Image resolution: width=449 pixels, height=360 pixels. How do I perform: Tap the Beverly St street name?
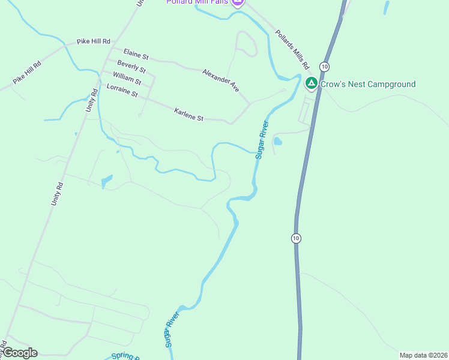point(131,66)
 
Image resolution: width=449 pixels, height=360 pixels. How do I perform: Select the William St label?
point(127,78)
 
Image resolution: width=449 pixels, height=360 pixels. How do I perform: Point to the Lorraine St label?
point(122,91)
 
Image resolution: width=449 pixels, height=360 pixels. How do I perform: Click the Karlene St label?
point(189,115)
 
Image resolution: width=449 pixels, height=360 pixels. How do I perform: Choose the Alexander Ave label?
point(221,80)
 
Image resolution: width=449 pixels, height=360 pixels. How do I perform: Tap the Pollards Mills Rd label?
point(292,48)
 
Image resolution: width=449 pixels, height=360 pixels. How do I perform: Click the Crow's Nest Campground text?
point(368,84)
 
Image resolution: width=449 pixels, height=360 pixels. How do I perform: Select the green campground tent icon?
point(311,83)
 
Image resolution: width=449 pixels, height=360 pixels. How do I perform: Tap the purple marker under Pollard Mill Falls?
point(237,2)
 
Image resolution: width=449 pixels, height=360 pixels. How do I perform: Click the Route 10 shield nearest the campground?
point(324,65)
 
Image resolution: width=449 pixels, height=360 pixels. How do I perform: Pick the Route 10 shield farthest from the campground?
point(296,238)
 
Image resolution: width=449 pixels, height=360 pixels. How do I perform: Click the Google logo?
point(20,353)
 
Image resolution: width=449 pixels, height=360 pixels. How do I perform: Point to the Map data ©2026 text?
point(424,355)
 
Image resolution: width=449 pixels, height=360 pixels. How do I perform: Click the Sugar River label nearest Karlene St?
point(261,140)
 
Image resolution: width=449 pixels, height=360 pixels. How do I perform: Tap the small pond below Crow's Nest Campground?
point(277,142)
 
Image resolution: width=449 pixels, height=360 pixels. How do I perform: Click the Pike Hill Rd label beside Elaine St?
point(94,42)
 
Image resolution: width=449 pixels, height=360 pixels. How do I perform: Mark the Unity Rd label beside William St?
point(92,100)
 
